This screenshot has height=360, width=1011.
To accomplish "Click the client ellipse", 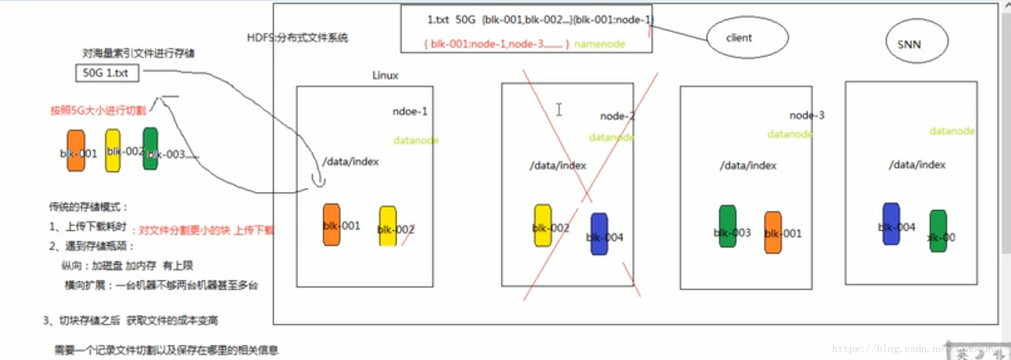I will coord(748,37).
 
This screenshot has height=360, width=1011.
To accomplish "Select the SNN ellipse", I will coord(916,42).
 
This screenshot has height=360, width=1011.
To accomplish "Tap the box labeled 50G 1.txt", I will coord(107,73).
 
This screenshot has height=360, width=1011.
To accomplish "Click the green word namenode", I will coord(599,44).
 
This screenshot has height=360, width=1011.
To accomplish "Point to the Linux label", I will coord(385,75).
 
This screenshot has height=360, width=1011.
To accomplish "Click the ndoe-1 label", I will coord(410,111).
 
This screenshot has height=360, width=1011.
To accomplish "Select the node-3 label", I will coord(807,115).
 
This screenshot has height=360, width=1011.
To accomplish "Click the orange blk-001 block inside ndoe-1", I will coord(331,225).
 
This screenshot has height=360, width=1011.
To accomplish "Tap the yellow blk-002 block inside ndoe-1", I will coord(388,226).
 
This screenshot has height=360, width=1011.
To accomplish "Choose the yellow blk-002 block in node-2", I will coord(543,225).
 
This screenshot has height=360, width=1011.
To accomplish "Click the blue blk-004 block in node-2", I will coord(599,234).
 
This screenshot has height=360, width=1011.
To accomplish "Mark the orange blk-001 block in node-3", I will coord(773,232).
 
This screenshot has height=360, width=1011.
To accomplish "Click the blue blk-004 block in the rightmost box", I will coord(891,223).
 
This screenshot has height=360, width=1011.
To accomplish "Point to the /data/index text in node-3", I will coord(748,166).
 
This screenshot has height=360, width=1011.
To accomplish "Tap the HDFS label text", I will coord(297,38).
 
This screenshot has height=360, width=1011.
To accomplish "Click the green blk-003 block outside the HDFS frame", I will coord(150,148).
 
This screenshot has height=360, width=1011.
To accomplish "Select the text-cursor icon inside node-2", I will coord(559,109).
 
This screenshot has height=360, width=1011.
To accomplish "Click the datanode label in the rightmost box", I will coord(952,131).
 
